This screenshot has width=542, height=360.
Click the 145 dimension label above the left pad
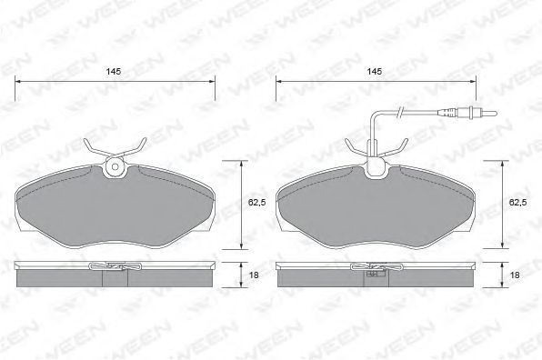pos(114,72)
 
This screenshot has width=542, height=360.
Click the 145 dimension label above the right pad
pos(375,72)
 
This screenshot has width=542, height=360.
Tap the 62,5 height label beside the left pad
pos(256,203)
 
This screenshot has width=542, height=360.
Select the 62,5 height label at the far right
pos(517,203)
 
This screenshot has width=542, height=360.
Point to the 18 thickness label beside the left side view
pos(254,275)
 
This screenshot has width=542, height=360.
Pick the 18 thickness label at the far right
pos(515,275)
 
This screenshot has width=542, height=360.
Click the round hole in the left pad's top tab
pos(115,167)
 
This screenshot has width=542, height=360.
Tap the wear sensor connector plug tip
pos(487,113)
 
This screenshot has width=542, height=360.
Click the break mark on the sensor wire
pos(400,111)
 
